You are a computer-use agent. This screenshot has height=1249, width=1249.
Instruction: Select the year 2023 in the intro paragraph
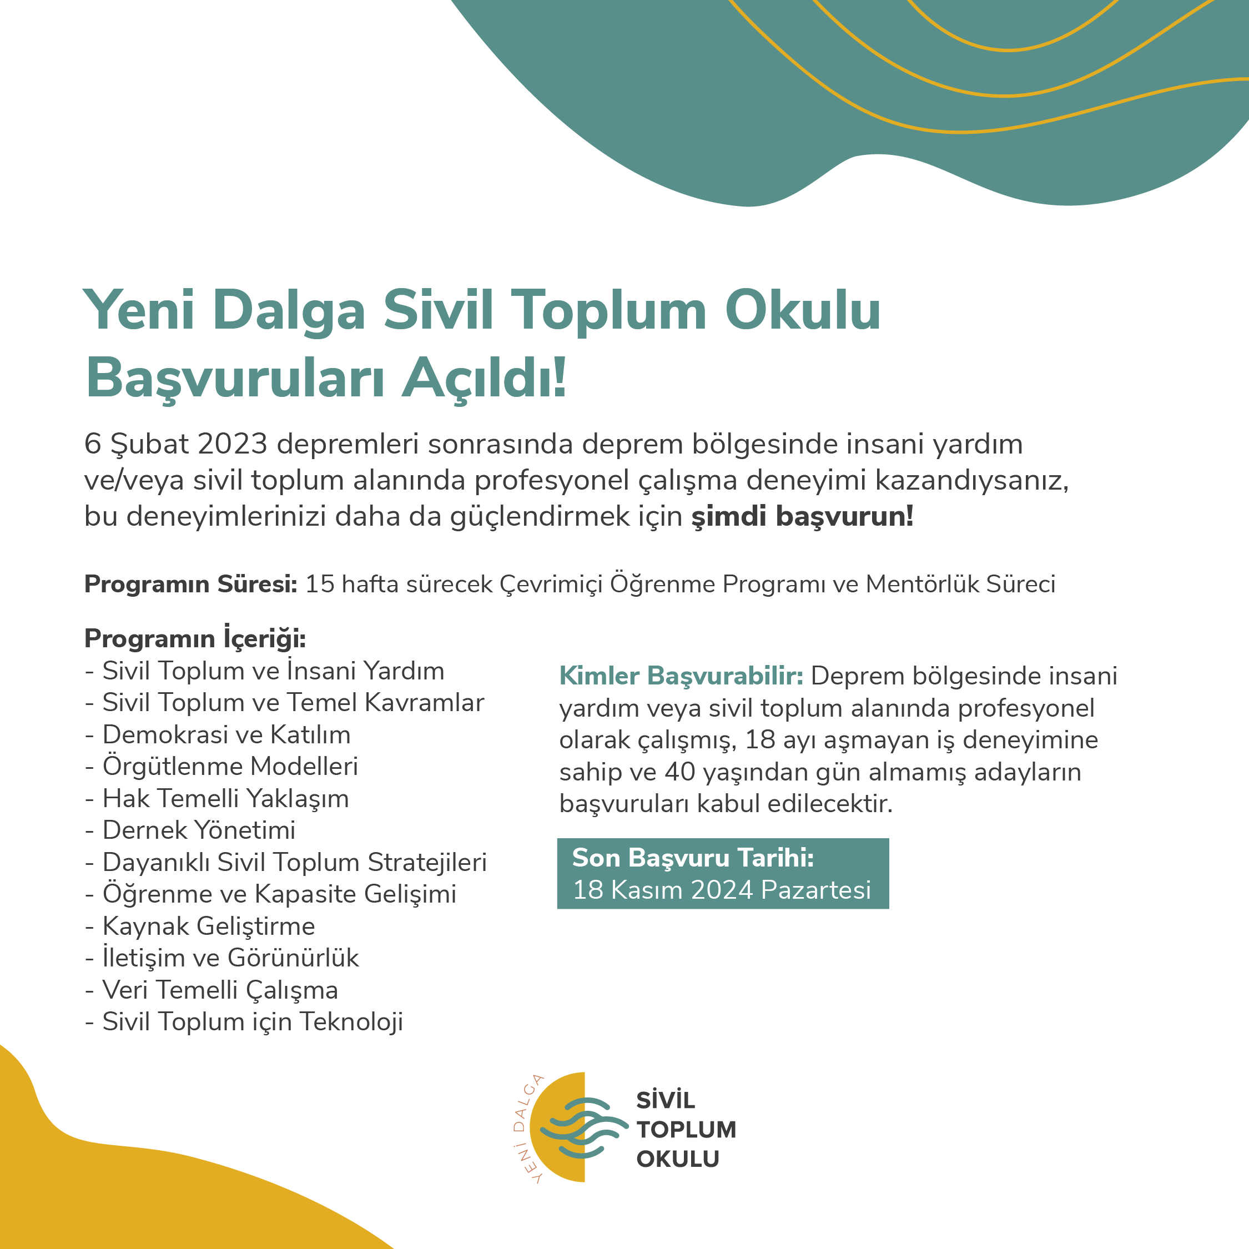232,444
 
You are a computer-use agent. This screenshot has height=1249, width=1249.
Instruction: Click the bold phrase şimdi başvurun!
802,517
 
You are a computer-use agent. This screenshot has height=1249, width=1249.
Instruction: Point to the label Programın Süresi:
191,584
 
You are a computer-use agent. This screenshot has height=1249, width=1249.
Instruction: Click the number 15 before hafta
319,584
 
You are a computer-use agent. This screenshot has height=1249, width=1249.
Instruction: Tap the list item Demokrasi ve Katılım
226,734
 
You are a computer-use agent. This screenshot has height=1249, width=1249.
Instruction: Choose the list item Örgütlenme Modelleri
230,766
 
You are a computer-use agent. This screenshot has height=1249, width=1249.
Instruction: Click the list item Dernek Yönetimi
199,830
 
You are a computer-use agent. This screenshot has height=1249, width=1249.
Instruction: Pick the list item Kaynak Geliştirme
208,926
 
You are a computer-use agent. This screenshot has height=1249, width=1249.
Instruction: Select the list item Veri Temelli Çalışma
220,990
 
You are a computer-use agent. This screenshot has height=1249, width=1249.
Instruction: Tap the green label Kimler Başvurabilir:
681,676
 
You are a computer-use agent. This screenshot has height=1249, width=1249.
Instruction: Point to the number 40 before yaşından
679,772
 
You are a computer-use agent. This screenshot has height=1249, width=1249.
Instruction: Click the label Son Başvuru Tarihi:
692,857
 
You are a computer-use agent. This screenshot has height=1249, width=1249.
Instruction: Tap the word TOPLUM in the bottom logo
686,1130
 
